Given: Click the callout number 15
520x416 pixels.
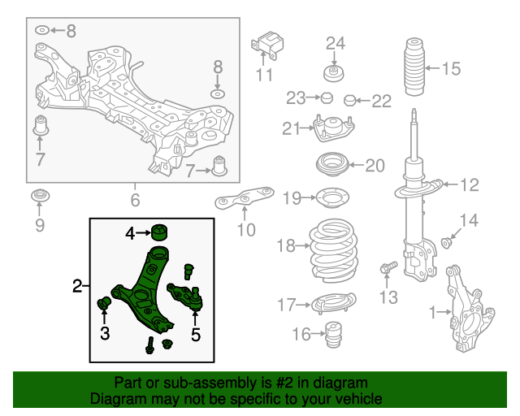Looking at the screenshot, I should (x=451, y=68).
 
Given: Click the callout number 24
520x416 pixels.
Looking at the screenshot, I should (x=336, y=43).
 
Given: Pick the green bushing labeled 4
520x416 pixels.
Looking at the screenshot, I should (x=160, y=232).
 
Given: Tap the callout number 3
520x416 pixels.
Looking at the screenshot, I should (x=104, y=332).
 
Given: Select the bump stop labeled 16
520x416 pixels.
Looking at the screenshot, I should (x=331, y=335).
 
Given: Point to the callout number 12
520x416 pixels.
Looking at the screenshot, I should (x=470, y=185).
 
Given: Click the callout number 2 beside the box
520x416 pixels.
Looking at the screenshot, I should (x=78, y=285).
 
